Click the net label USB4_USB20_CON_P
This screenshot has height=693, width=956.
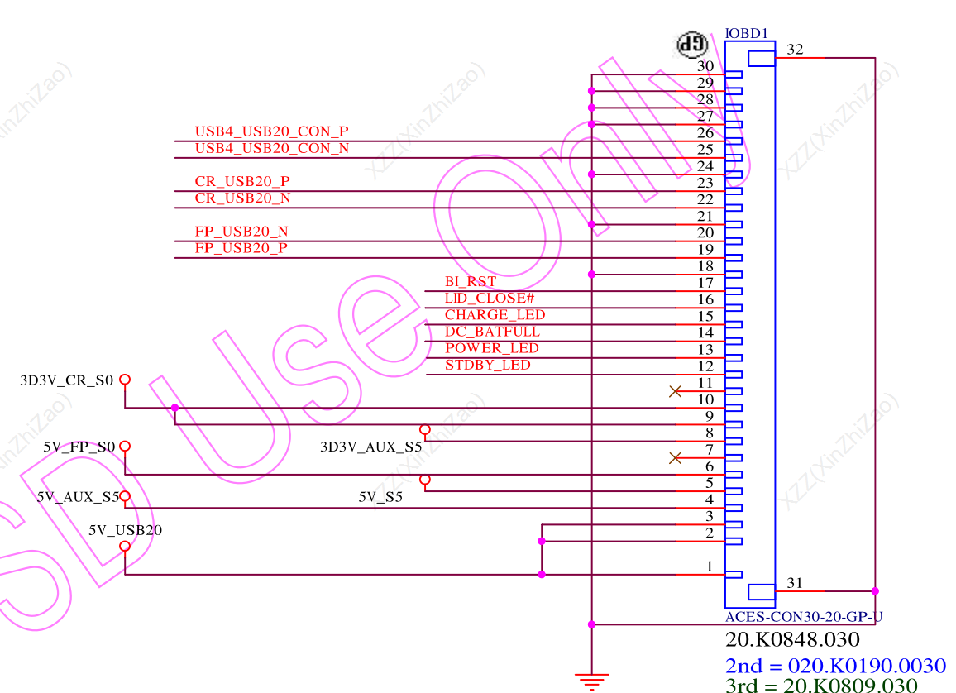(x=271, y=131)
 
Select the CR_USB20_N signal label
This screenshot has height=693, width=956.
(x=242, y=198)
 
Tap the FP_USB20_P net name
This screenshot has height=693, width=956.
(x=241, y=248)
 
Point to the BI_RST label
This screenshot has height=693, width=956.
(x=470, y=282)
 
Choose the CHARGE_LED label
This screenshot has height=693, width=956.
(x=495, y=315)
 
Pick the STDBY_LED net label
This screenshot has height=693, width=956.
(x=487, y=365)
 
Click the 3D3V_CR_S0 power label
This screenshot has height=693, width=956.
(x=66, y=380)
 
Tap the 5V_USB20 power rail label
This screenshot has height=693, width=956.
(x=125, y=530)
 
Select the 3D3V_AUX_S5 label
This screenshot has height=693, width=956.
(x=370, y=447)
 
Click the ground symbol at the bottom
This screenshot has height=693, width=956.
(x=591, y=681)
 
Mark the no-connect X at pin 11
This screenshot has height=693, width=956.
(x=675, y=391)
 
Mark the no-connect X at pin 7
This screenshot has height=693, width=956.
(x=675, y=457)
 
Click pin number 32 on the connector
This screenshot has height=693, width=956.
(x=795, y=50)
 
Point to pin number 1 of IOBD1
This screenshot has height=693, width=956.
(x=709, y=566)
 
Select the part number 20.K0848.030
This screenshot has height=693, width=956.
(x=792, y=639)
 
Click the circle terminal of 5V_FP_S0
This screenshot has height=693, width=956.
(x=125, y=447)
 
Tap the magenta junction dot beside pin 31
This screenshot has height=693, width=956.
(x=875, y=591)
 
